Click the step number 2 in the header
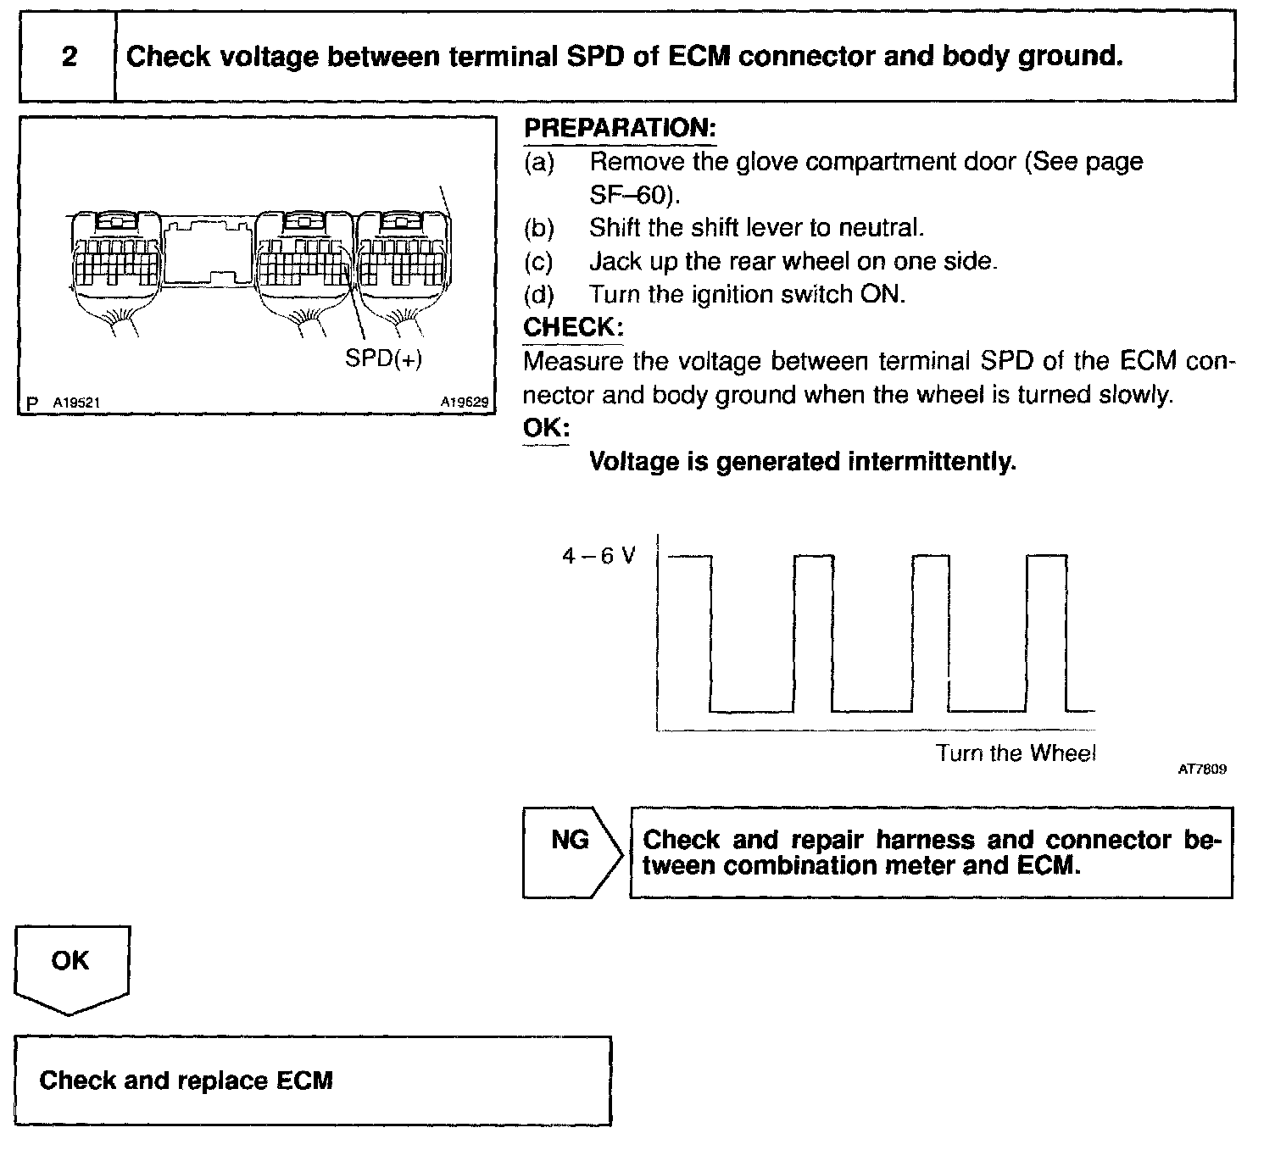[x=69, y=57]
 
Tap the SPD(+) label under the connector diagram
[x=383, y=359]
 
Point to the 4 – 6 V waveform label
[x=599, y=557]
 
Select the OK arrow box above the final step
[x=71, y=967]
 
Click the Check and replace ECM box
[x=312, y=1080]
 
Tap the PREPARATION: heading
[x=620, y=129]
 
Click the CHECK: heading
[x=573, y=327]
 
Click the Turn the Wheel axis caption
[x=1016, y=753]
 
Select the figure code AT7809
[x=1202, y=769]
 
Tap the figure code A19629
[x=464, y=403]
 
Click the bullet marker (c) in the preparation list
[x=538, y=262]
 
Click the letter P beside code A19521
[x=32, y=403]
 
